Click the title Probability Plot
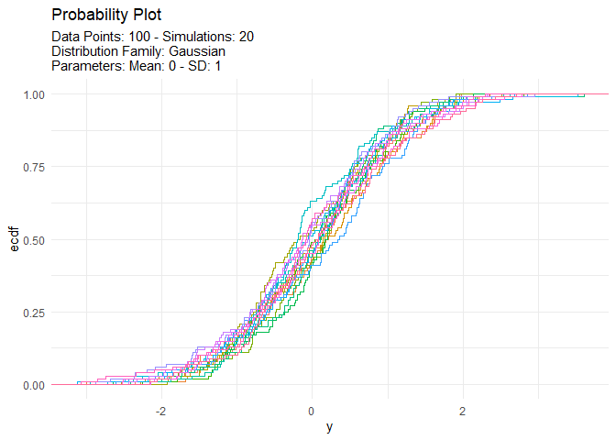(106, 16)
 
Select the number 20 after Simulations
(246, 37)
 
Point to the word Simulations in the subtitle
(196, 37)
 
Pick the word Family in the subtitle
(144, 51)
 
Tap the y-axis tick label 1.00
(35, 94)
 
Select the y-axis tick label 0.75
(35, 167)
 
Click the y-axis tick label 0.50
(35, 240)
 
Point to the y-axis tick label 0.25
(35, 313)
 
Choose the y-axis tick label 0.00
(35, 385)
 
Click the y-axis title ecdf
(14, 239)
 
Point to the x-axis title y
(328, 427)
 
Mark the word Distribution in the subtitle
(88, 51)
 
